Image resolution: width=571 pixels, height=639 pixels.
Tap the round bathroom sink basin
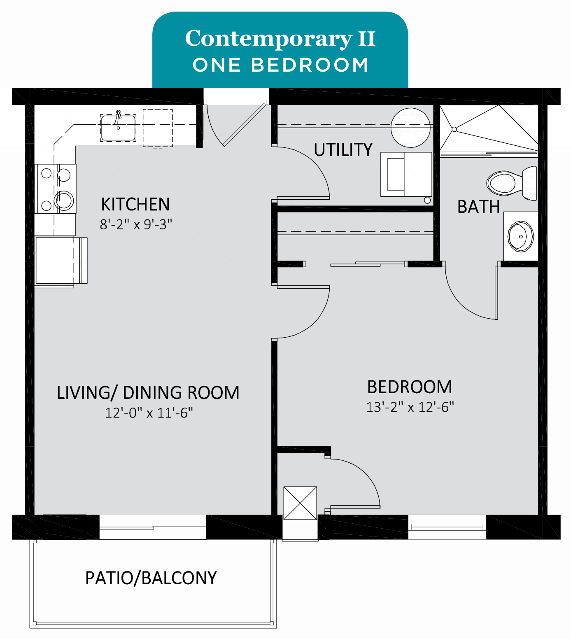click(x=521, y=236)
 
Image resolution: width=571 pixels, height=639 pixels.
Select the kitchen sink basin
click(x=118, y=128)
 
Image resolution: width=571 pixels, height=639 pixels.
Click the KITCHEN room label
click(x=135, y=205)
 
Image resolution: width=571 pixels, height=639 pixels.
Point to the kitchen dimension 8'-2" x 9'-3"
click(x=136, y=224)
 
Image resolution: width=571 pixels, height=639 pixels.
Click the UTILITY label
click(x=343, y=150)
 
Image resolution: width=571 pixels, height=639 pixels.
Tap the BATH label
click(x=478, y=207)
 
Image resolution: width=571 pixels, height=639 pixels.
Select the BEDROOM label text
click(x=410, y=387)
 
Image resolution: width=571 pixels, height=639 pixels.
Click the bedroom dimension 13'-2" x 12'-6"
click(x=410, y=407)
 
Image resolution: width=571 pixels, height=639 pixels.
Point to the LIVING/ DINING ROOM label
click(x=148, y=393)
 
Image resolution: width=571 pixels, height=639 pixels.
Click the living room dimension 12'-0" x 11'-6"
click(x=149, y=413)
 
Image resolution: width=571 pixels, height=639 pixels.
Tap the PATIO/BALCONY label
click(x=151, y=578)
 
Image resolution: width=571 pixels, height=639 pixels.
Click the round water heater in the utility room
click(x=410, y=128)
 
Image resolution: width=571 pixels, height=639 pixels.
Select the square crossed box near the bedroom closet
click(x=300, y=503)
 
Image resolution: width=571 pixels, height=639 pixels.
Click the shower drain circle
click(x=454, y=129)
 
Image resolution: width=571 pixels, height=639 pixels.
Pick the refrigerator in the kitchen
click(x=61, y=261)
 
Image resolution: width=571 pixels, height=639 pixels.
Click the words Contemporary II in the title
click(x=280, y=38)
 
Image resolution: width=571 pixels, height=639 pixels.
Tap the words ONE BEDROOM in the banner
click(x=280, y=65)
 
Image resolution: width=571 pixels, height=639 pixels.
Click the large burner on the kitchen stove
click(x=64, y=201)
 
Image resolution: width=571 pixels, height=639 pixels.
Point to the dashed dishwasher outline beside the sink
click(x=158, y=128)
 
